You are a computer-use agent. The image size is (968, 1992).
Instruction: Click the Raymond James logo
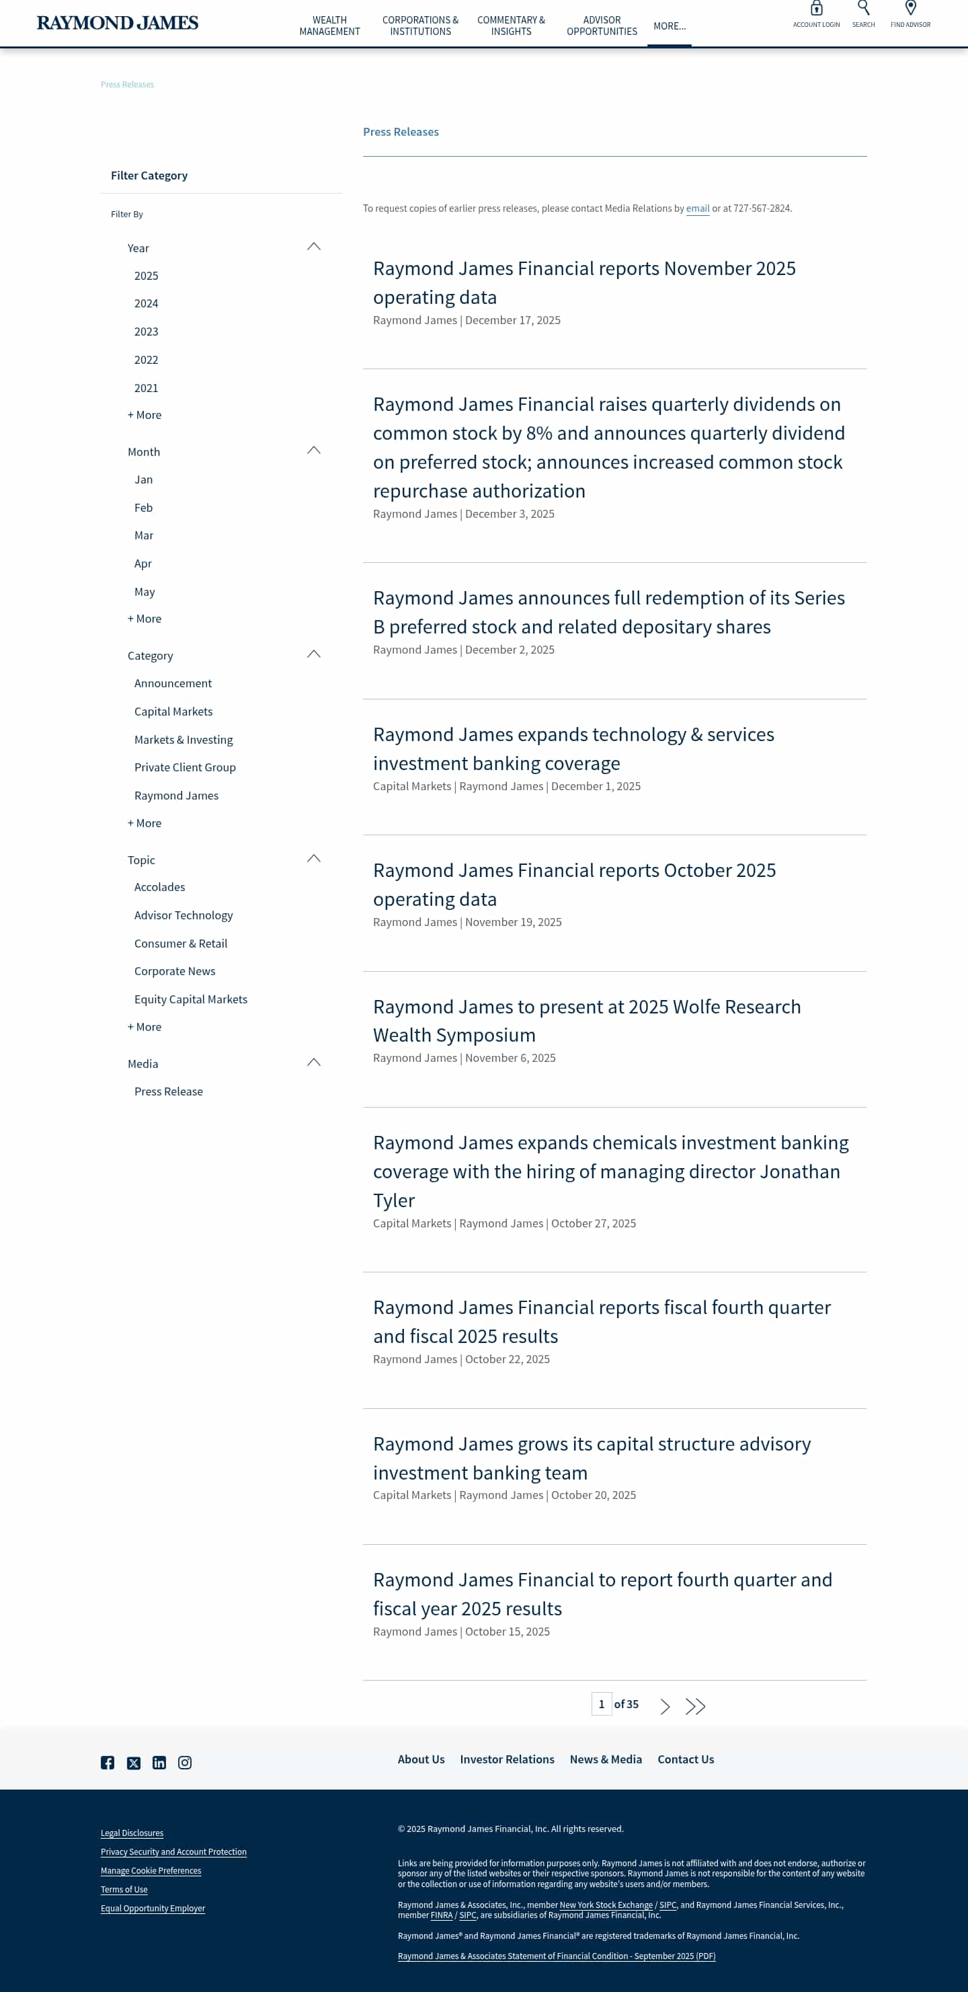[118, 23]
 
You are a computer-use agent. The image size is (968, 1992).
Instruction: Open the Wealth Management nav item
[329, 26]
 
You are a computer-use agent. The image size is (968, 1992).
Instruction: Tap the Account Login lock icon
[815, 9]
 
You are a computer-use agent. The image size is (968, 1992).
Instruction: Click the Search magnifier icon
[863, 9]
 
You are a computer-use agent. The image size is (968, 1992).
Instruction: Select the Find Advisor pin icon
[910, 9]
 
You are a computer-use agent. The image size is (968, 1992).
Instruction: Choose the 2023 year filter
[146, 332]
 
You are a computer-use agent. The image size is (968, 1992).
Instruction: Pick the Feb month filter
[143, 507]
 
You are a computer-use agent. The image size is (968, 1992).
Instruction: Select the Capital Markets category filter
[173, 712]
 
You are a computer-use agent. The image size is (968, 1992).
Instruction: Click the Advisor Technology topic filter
[184, 915]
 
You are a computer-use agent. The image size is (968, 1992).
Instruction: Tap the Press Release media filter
[169, 1091]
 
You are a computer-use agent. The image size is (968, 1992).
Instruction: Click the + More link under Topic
[145, 1027]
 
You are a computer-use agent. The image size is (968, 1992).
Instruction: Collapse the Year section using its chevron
[313, 247]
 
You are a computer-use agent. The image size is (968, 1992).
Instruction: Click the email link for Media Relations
[697, 208]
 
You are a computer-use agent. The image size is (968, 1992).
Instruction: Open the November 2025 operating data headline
[583, 282]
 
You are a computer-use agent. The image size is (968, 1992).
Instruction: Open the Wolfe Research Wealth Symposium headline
[586, 1020]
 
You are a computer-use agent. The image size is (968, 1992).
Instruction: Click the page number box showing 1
[601, 1703]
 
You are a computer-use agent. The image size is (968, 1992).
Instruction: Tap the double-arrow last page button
[695, 1706]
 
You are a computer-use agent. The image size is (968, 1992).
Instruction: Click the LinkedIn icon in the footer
[159, 1762]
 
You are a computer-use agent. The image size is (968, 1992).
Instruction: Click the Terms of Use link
[124, 1889]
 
